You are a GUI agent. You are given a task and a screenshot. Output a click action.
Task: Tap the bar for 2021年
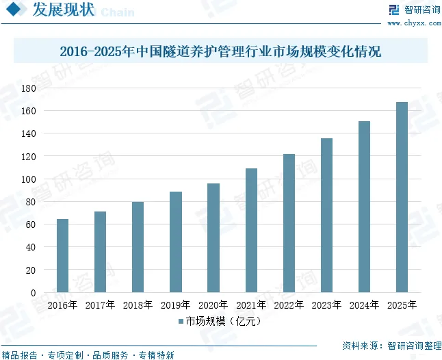click(x=251, y=230)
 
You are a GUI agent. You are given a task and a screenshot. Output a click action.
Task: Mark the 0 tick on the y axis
click(x=32, y=293)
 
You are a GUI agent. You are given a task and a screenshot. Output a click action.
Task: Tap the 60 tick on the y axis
click(x=29, y=224)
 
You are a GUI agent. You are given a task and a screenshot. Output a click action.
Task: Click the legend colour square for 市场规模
click(x=181, y=320)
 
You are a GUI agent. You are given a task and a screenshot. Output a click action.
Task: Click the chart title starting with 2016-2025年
click(x=220, y=51)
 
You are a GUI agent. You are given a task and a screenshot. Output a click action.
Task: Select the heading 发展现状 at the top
click(x=61, y=10)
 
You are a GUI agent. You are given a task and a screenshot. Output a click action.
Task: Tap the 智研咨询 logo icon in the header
click(x=393, y=10)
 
